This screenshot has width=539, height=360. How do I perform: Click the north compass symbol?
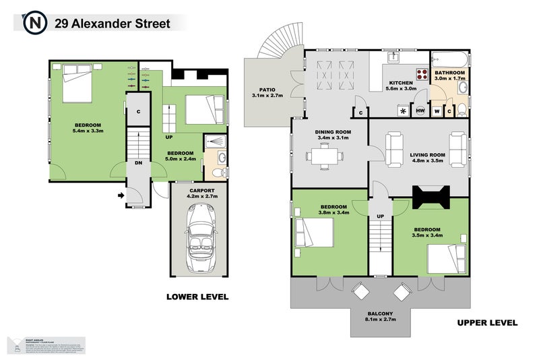[34, 23]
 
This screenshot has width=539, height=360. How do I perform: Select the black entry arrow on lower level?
[121, 196]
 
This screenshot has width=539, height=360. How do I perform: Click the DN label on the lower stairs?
[137, 162]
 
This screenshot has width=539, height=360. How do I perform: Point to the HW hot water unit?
[420, 111]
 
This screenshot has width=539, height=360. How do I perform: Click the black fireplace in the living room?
[431, 197]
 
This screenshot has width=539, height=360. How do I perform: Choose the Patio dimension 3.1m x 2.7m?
[268, 96]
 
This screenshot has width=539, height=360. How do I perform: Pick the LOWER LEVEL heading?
[197, 296]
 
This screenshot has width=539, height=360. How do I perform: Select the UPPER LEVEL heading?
[487, 322]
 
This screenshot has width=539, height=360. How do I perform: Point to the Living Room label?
[428, 154]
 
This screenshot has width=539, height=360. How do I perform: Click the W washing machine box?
[437, 111]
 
